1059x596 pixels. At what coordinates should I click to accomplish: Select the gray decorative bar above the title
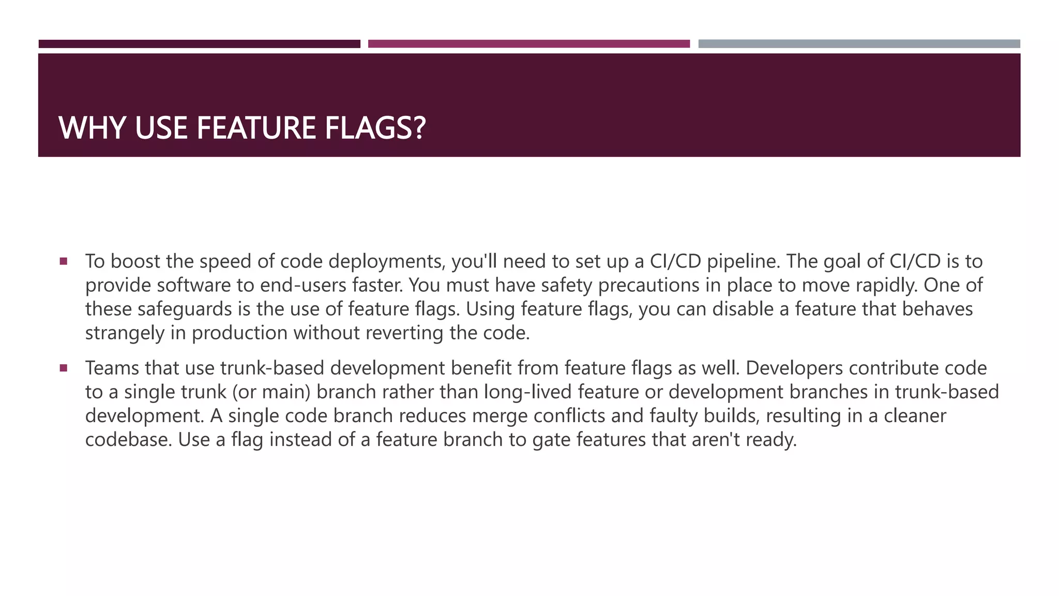pos(859,44)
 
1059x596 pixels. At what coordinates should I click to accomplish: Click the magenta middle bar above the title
pos(528,44)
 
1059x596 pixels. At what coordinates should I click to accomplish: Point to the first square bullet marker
pos(64,261)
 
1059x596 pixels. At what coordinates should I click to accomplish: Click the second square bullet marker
pos(64,368)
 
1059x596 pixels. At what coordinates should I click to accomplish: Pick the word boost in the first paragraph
pos(135,261)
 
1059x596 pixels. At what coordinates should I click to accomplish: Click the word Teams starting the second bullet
pos(112,368)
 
